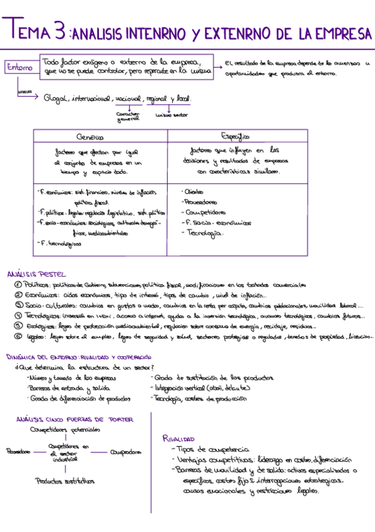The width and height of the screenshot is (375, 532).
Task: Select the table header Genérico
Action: [x=90, y=137]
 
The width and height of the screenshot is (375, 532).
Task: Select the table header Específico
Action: [x=236, y=136]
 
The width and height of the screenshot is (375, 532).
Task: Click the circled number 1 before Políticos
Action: [x=18, y=285]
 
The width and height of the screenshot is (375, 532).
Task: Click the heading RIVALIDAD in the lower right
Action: [x=179, y=439]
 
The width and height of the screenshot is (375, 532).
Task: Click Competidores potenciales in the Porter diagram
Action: [x=64, y=430]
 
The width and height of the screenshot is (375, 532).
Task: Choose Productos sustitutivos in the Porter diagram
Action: [x=65, y=481]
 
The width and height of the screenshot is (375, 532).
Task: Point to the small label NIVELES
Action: [x=24, y=92]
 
